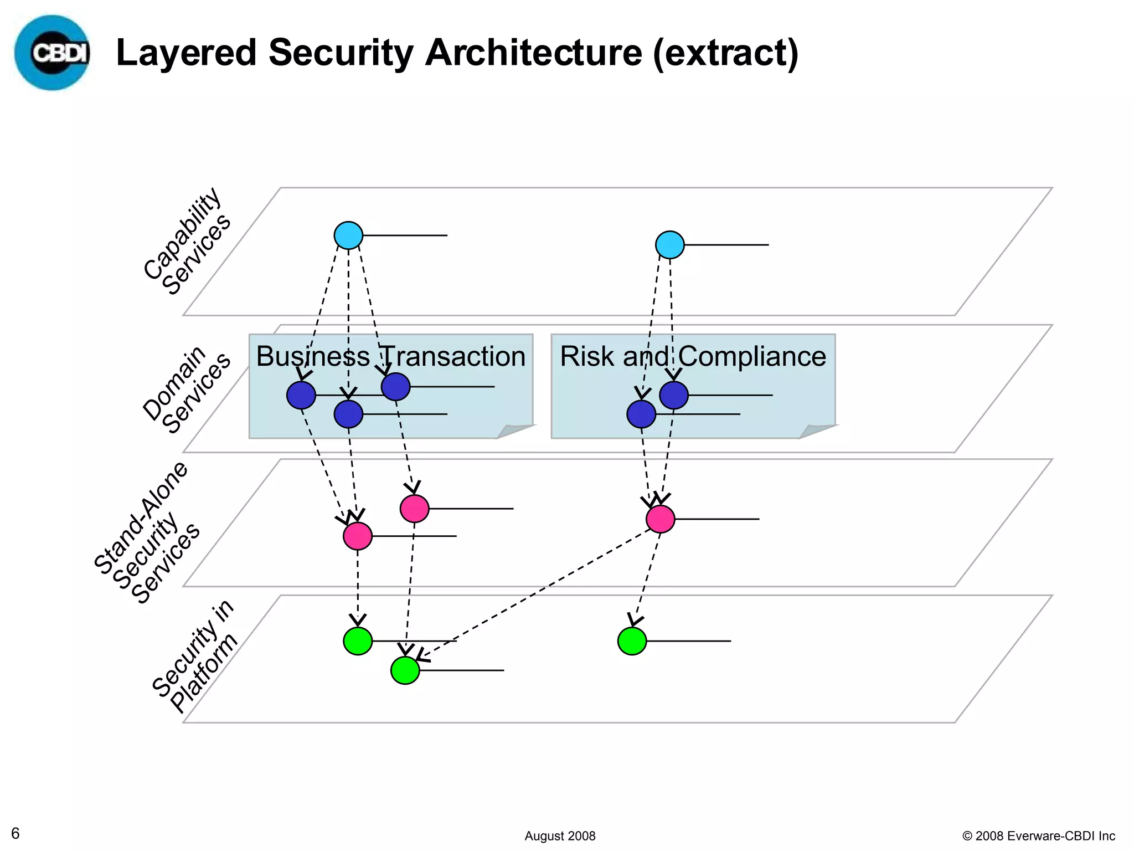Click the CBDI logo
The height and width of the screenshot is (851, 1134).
coord(53,53)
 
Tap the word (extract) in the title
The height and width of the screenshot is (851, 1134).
coord(725,53)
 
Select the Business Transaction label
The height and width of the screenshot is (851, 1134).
coord(390,356)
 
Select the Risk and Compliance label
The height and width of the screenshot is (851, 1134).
coord(693,356)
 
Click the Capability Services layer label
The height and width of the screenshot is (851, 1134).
coord(187,242)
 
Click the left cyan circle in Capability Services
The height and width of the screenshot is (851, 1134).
coord(348,235)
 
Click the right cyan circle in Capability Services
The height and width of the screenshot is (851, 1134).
coord(670,245)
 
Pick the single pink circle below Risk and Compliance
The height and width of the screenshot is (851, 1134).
coord(661,519)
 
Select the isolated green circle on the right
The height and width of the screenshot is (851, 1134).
coord(632,641)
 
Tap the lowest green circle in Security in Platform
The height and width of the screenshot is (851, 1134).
coord(405,670)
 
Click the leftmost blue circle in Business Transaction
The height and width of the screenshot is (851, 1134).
coord(301,395)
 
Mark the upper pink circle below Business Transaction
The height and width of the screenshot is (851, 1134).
coord(415,509)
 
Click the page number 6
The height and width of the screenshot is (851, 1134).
coord(16,833)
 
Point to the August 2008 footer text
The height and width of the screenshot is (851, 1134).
coord(560,836)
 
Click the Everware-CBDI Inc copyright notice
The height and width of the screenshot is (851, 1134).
coord(1039,836)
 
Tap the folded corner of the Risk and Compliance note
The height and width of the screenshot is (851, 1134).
coord(816,431)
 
